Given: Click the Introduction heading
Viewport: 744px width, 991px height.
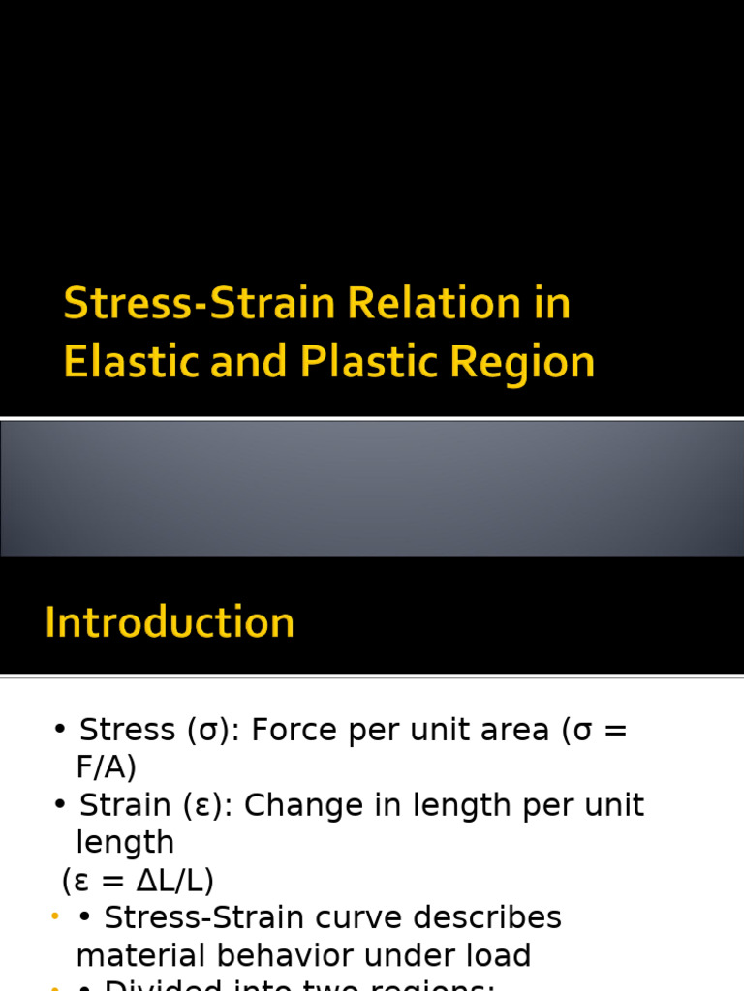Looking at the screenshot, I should pyautogui.click(x=170, y=622).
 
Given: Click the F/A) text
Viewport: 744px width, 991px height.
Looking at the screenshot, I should pyautogui.click(x=107, y=767).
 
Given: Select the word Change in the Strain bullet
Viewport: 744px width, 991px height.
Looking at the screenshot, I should pyautogui.click(x=297, y=805).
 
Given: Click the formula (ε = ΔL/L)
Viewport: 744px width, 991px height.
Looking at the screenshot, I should pyautogui.click(x=138, y=881).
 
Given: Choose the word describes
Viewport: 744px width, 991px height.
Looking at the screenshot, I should pyautogui.click(x=498, y=917).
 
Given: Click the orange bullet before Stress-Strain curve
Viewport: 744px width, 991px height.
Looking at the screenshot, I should pyautogui.click(x=55, y=916).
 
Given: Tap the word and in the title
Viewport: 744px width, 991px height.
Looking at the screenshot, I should pyautogui.click(x=247, y=363).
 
